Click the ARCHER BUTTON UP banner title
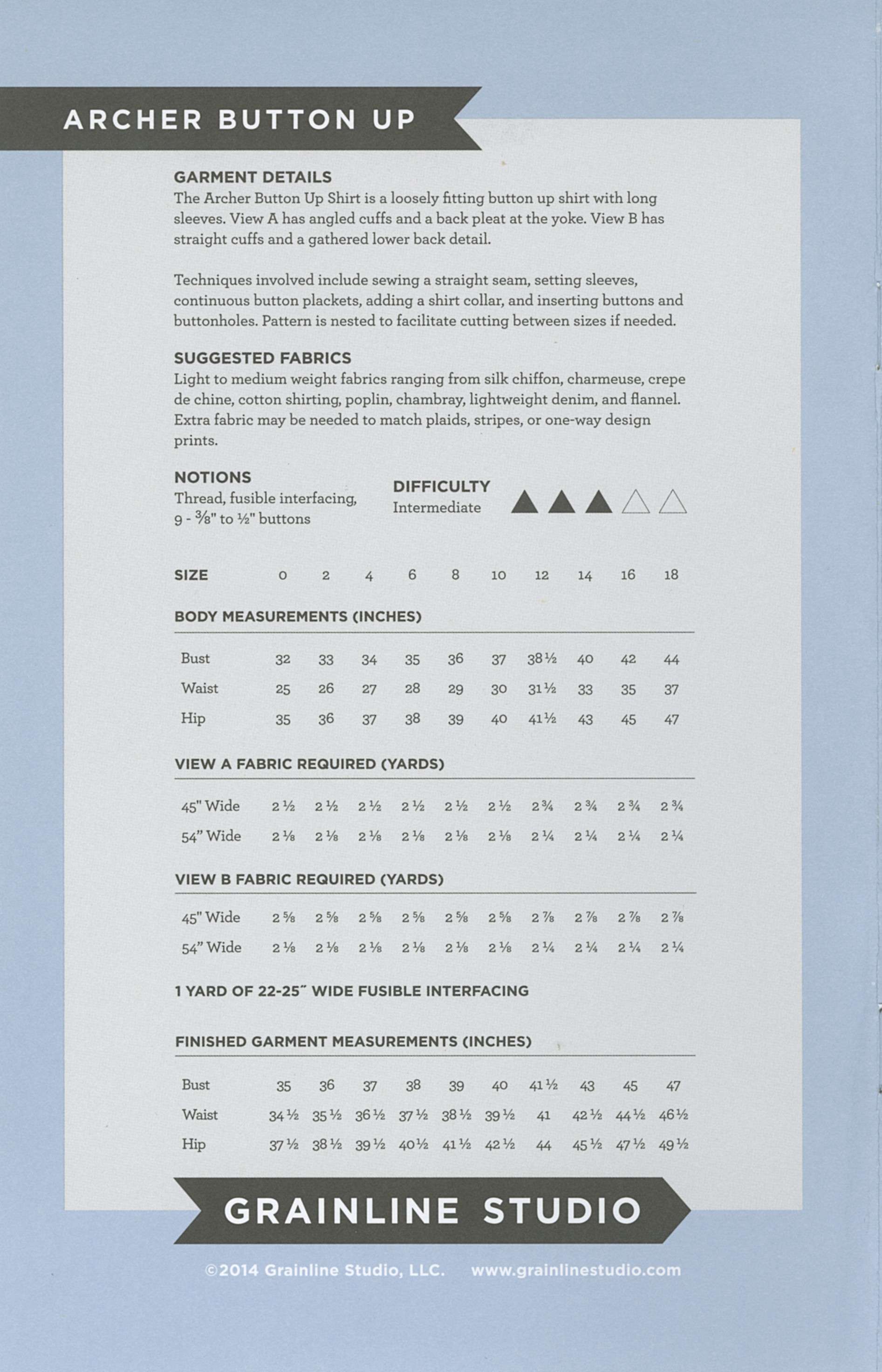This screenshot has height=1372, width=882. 239,119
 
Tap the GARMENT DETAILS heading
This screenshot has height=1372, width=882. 253,177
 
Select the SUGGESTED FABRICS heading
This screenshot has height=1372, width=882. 262,358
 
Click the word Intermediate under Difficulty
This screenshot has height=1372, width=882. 437,507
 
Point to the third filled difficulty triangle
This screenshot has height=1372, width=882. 599,502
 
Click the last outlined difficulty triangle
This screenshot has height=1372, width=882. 672,502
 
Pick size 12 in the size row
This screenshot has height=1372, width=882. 541,575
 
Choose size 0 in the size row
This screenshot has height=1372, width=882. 282,575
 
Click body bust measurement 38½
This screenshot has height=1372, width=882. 542,659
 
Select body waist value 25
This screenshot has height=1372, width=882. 282,689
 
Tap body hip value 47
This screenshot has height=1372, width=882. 671,719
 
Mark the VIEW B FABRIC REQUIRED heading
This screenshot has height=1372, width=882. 309,879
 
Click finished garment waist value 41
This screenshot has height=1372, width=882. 543,1115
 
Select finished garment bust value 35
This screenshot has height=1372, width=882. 283,1086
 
